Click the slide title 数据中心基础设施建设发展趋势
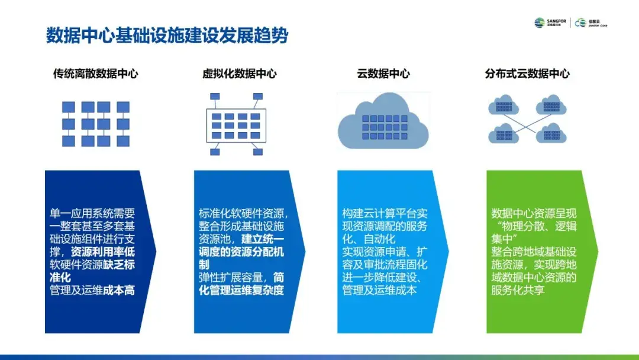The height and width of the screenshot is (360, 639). pos(167,36)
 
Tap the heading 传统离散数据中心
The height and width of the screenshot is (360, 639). pos(96,74)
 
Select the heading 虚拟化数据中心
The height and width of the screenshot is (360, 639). pos(240,74)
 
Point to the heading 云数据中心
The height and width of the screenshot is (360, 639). pos(383,74)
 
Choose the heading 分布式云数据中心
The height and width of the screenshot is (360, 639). pos(527,74)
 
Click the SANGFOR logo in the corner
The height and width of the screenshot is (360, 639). pos(550,22)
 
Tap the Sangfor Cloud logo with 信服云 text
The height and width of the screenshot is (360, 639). pos(591,22)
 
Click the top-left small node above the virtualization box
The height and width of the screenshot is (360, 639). pos(214,95)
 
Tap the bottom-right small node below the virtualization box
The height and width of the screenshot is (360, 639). pos(257,152)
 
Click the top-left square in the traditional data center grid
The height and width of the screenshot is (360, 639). pos(69,107)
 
